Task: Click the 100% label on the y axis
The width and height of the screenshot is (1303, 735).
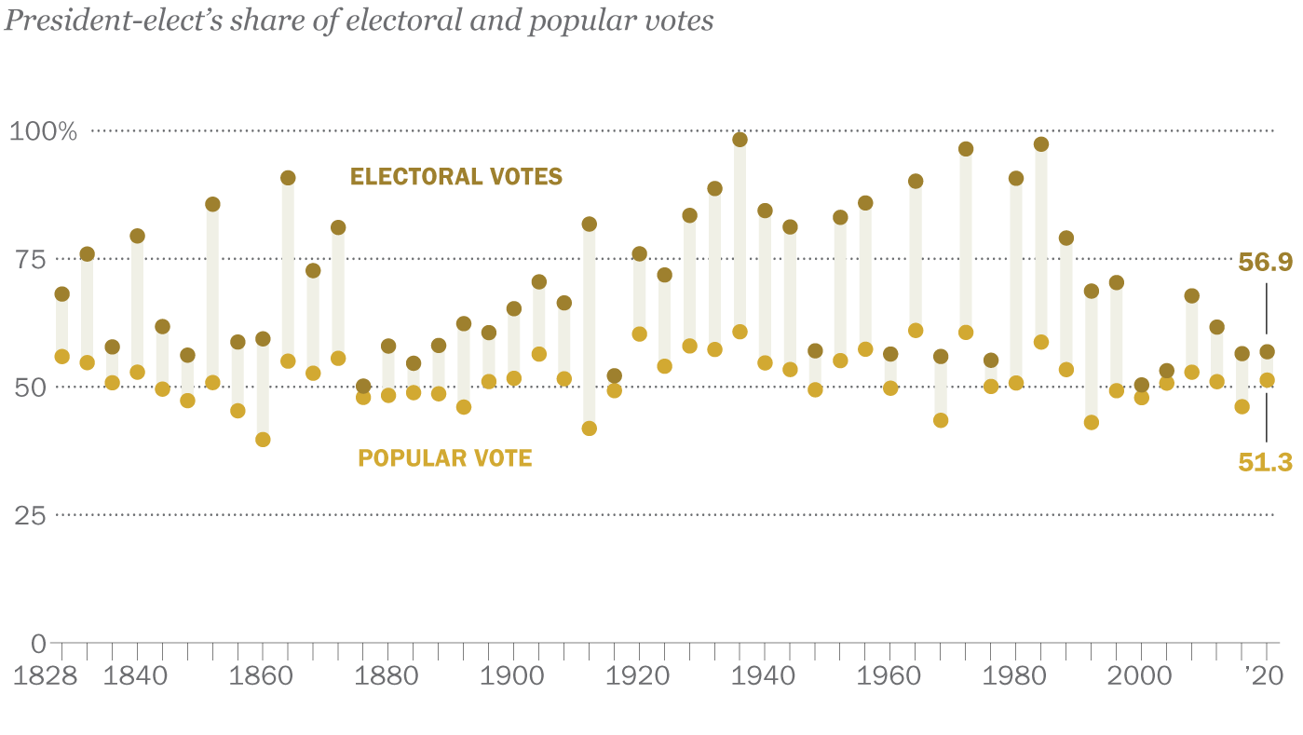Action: [43, 131]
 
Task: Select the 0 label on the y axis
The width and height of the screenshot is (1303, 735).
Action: [37, 643]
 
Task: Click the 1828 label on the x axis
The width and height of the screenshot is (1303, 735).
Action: [44, 677]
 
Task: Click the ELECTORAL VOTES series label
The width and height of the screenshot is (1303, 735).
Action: [456, 176]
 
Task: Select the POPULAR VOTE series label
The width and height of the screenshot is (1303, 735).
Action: [445, 458]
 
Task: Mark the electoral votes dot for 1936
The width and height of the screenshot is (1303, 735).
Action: [740, 140]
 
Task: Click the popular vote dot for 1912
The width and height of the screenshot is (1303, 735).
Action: [589, 429]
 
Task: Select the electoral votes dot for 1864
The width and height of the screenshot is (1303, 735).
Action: [288, 178]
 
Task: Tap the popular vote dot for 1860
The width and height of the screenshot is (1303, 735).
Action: [263, 440]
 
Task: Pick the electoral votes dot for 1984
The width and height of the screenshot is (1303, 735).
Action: [1041, 144]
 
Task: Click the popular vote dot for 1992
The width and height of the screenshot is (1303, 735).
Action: [1092, 422]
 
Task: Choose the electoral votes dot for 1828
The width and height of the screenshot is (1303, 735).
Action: [62, 294]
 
